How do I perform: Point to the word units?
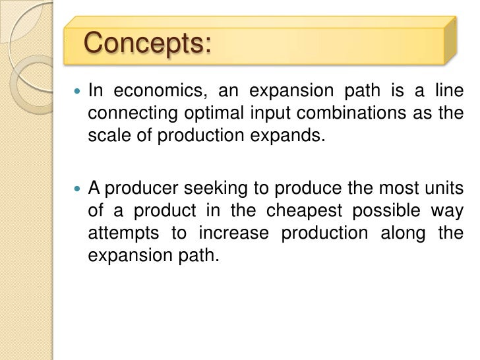[443, 189]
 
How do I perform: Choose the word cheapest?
[295, 211]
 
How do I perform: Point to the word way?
[448, 211]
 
